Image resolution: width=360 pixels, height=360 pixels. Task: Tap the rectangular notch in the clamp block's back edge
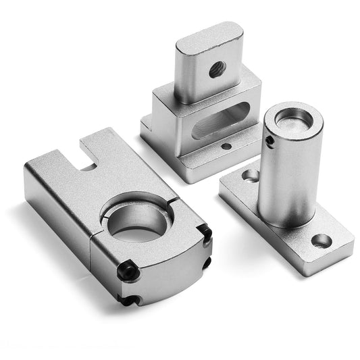(88, 161)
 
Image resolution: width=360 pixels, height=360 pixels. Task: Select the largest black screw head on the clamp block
(128, 272)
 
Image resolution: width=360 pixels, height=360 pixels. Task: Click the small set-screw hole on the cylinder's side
(269, 140)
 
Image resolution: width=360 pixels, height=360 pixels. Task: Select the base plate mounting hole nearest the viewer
(322, 240)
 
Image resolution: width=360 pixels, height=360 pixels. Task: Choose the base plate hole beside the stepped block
(251, 176)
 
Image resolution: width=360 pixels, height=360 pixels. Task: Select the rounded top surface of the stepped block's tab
(210, 34)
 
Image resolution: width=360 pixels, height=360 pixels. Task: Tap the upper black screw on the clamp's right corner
(203, 234)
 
